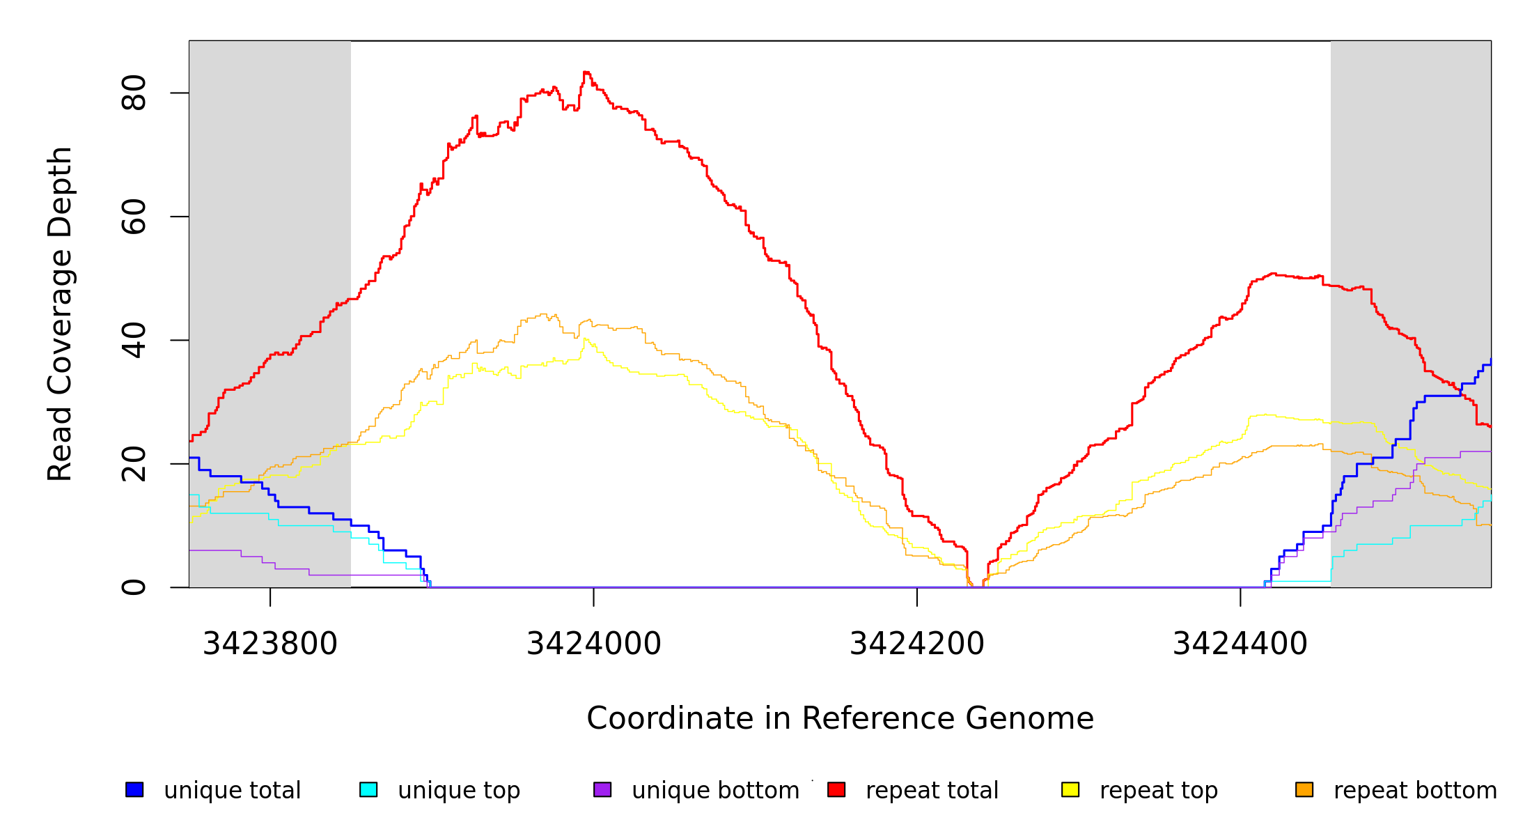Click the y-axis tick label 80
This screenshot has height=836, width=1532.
(134, 93)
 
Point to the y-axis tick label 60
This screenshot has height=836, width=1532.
(134, 217)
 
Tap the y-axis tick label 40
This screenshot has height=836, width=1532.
(134, 340)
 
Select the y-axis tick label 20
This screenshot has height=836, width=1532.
(134, 464)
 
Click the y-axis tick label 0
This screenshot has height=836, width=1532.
(134, 587)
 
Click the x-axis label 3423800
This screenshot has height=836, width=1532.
(270, 644)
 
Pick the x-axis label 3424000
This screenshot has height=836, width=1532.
(593, 644)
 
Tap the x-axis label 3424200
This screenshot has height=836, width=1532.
(917, 644)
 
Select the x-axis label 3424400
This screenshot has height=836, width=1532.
(1240, 644)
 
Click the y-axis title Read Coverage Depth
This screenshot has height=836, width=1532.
(60, 313)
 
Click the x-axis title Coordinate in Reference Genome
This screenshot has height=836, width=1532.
(840, 718)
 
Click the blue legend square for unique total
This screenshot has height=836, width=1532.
(134, 789)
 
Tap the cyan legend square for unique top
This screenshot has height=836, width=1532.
(368, 789)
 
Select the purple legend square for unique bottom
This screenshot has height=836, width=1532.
(602, 789)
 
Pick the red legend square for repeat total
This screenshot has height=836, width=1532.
(836, 789)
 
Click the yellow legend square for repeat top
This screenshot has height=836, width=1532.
(1070, 789)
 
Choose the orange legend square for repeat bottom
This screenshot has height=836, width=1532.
(1304, 789)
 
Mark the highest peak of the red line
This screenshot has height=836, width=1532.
(586, 72)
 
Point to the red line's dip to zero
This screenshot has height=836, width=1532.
(976, 587)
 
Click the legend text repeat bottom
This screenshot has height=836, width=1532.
(1415, 791)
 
